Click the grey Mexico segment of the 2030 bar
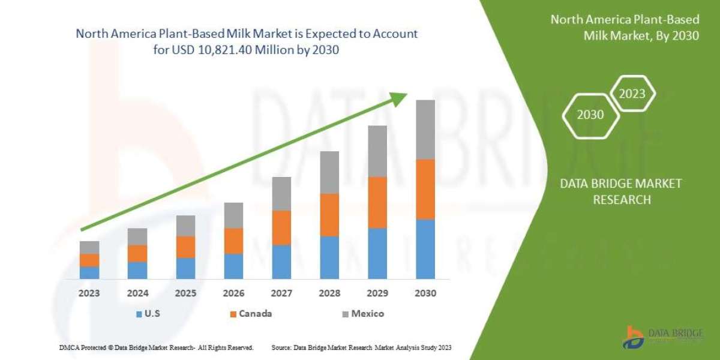425,129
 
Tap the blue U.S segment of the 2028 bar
329,257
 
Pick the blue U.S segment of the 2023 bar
89,272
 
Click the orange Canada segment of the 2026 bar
233,241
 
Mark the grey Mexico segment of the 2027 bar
281,193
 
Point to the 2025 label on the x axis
185,294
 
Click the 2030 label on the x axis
425,294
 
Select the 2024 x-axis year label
137,294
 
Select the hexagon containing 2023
632,94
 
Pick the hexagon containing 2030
590,115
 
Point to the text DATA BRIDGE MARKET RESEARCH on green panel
622,191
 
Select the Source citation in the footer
361,347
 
